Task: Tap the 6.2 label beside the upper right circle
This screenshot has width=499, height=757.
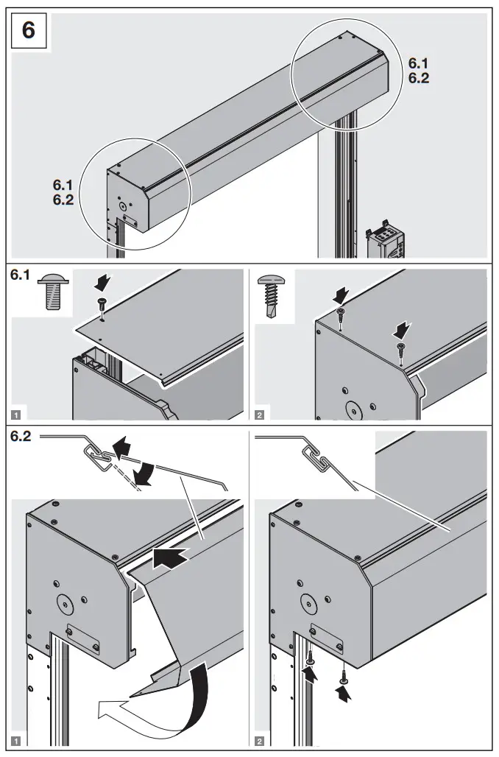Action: (x=419, y=78)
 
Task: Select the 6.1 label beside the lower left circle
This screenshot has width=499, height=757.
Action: (x=63, y=186)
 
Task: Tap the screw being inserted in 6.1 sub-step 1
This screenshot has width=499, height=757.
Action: (x=102, y=304)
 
